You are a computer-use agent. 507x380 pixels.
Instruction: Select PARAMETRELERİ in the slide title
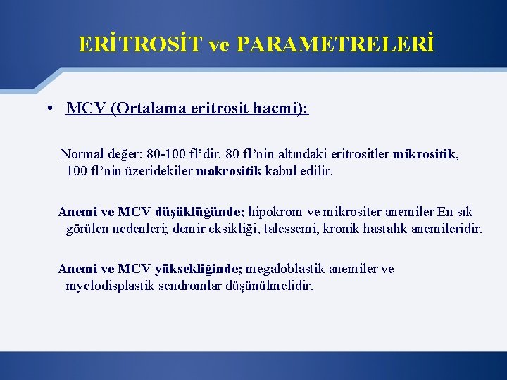335,45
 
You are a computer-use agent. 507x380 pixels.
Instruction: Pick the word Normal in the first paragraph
81,154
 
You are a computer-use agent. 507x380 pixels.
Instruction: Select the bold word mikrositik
425,154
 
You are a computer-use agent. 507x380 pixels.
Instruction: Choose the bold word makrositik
229,170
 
